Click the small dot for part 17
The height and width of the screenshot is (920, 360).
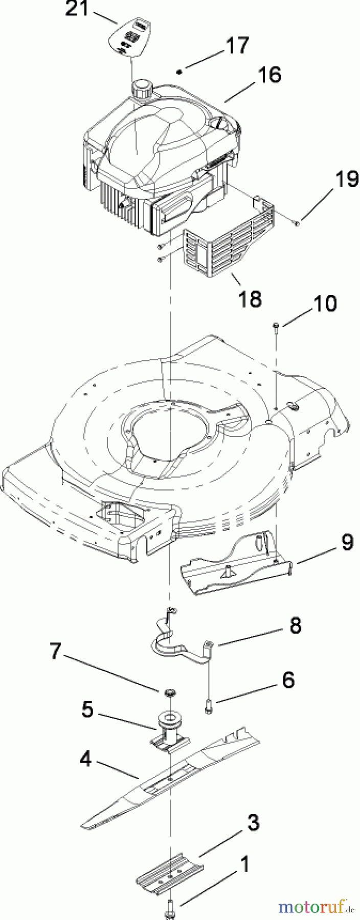[178, 72]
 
